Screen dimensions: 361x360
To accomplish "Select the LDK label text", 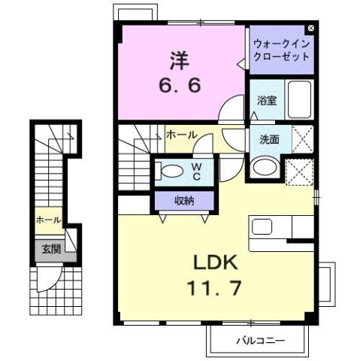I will click(x=218, y=262).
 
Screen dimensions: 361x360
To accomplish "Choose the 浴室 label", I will click(x=265, y=99).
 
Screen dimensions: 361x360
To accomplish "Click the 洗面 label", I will click(x=270, y=138).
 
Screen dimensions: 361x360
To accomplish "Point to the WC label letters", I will click(x=195, y=171).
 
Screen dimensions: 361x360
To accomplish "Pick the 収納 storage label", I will click(x=184, y=200).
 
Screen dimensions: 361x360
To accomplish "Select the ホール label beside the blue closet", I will click(x=181, y=135).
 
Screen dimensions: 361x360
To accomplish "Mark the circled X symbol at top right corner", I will click(x=311, y=30).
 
